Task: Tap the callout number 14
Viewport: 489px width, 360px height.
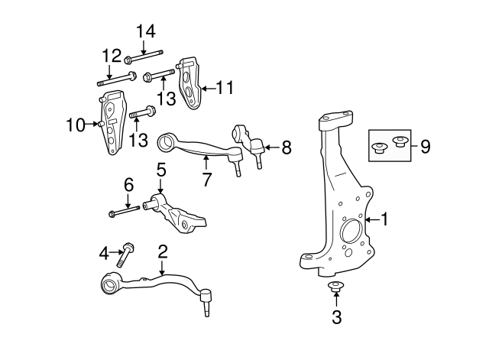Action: coord(145,31)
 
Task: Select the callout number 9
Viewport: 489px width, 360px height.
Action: coord(425,145)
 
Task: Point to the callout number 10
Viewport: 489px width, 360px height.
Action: coord(75,125)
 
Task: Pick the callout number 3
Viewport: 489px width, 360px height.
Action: coord(335,316)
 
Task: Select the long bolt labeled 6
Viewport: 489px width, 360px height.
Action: coord(123,211)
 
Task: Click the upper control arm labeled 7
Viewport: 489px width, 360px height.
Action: coord(199,148)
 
